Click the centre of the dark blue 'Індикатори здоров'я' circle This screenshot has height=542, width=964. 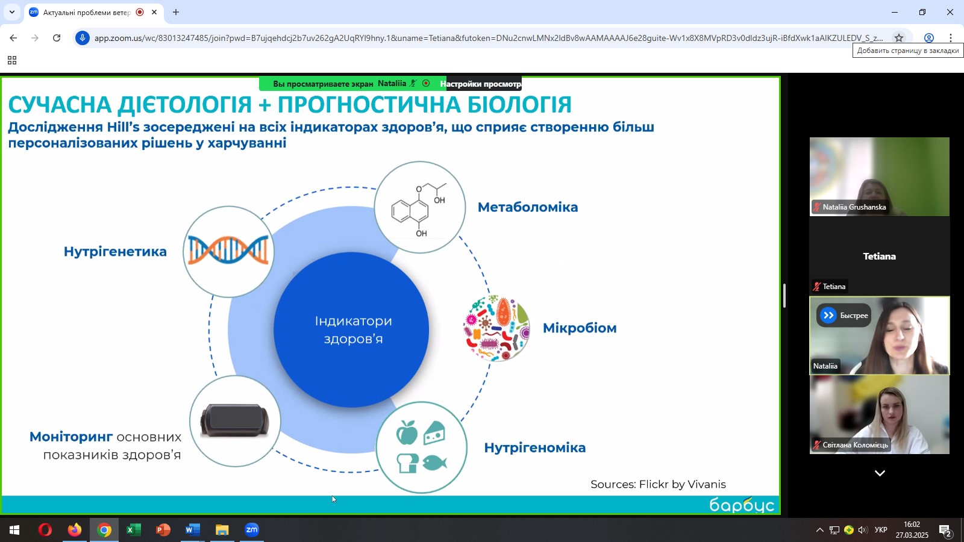click(351, 329)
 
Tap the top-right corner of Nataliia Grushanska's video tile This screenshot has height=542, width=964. click(950, 138)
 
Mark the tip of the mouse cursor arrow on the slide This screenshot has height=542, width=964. click(332, 496)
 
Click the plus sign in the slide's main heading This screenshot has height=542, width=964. click(264, 105)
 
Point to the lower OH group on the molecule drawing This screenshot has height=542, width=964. click(421, 234)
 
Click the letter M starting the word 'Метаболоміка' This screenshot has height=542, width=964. click(484, 207)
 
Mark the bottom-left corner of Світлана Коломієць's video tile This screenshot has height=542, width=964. click(810, 454)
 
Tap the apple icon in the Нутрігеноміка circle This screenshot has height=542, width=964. click(407, 432)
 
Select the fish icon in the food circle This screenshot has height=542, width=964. click(434, 463)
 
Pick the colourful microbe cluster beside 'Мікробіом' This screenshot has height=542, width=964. click(496, 328)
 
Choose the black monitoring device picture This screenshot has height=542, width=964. click(234, 420)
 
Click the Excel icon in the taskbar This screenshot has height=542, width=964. click(133, 530)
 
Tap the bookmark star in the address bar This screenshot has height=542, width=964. click(898, 38)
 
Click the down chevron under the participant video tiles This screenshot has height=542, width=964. click(880, 473)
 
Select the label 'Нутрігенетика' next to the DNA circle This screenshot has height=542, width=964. click(115, 251)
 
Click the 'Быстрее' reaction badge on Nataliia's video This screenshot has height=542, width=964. click(844, 316)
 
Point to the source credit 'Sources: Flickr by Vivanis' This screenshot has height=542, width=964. click(658, 484)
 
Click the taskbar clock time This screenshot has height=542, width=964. click(912, 525)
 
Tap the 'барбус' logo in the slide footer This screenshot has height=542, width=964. click(742, 505)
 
